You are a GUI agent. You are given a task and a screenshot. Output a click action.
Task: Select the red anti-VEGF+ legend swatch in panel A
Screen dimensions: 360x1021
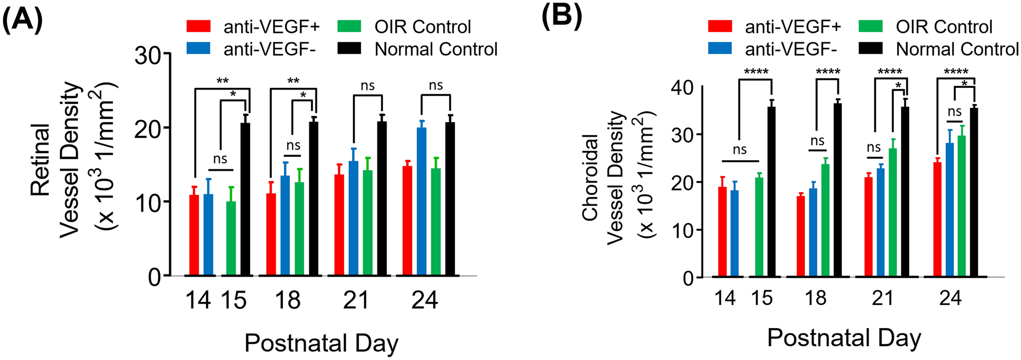coord(198,26)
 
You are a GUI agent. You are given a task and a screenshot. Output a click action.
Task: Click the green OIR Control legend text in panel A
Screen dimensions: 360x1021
coord(422,26)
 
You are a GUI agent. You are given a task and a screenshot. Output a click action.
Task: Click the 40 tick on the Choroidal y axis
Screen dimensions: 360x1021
coord(682,87)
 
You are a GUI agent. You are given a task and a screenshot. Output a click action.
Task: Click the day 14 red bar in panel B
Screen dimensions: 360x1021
coord(722,232)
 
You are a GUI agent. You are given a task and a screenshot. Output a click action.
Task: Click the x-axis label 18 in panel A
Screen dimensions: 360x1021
coord(287,300)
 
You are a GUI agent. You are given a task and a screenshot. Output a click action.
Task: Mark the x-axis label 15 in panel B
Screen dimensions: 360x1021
coord(762,298)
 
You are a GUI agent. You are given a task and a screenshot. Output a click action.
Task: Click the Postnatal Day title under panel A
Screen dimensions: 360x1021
coord(321,343)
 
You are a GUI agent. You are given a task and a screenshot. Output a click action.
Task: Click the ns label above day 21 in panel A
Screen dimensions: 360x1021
coord(367,85)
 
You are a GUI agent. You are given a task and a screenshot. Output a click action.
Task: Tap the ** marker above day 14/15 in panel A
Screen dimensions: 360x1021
coord(222,81)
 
